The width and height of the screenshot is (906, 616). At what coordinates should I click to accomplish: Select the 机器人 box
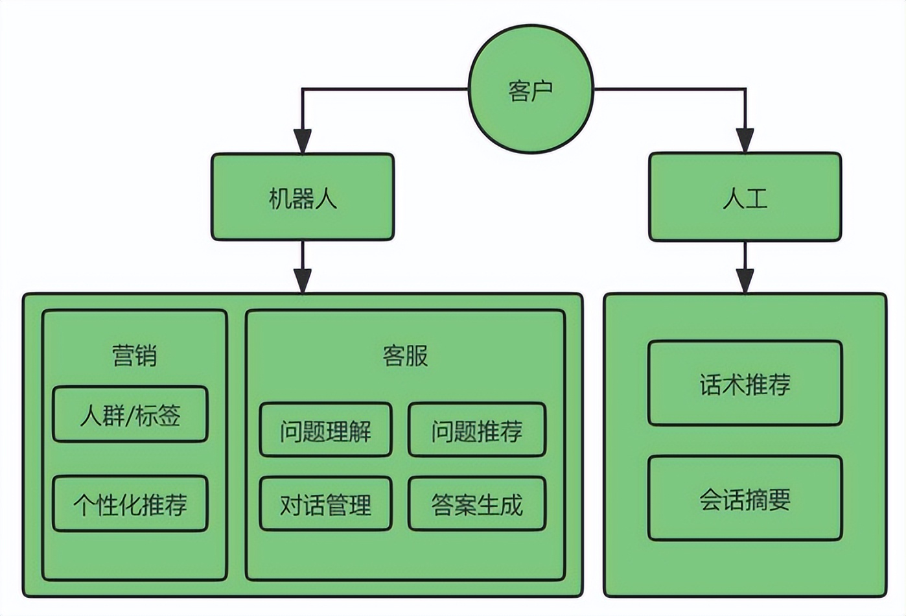[303, 197]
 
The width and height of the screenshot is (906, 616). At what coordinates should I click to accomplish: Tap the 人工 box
[745, 197]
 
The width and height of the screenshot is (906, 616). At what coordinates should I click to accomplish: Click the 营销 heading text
[134, 355]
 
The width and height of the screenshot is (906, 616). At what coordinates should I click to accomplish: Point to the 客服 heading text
[405, 355]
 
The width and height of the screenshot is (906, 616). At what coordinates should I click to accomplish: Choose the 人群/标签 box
[130, 415]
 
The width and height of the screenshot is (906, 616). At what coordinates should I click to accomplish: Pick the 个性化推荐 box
[130, 504]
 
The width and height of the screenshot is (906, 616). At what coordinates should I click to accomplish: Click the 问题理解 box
[325, 431]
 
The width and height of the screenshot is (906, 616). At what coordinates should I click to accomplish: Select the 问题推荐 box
[477, 431]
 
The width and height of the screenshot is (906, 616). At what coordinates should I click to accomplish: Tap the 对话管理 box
[325, 504]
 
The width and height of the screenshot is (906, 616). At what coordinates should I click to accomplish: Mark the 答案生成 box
[477, 504]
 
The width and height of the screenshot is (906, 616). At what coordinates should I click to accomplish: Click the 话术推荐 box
[745, 384]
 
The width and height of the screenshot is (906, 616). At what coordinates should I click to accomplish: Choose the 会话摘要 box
[745, 499]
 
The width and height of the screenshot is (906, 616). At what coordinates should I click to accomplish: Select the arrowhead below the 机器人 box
[303, 280]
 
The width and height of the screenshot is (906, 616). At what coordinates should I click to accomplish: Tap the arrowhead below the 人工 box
[745, 280]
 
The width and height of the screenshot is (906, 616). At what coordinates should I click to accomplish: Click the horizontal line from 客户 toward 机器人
[385, 89]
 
